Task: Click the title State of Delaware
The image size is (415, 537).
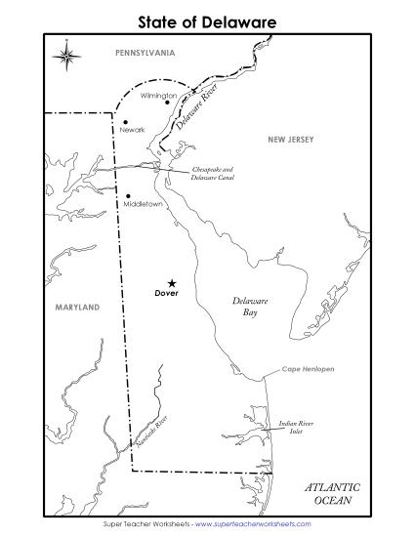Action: click(x=207, y=20)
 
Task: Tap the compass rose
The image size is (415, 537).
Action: click(x=66, y=55)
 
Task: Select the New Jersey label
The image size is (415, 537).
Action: click(x=291, y=140)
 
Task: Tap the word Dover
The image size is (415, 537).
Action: click(x=168, y=293)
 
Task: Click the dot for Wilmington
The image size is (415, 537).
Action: click(x=168, y=103)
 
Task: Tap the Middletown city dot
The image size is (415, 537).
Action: click(x=127, y=195)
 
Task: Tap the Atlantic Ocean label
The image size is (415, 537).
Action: click(x=331, y=493)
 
